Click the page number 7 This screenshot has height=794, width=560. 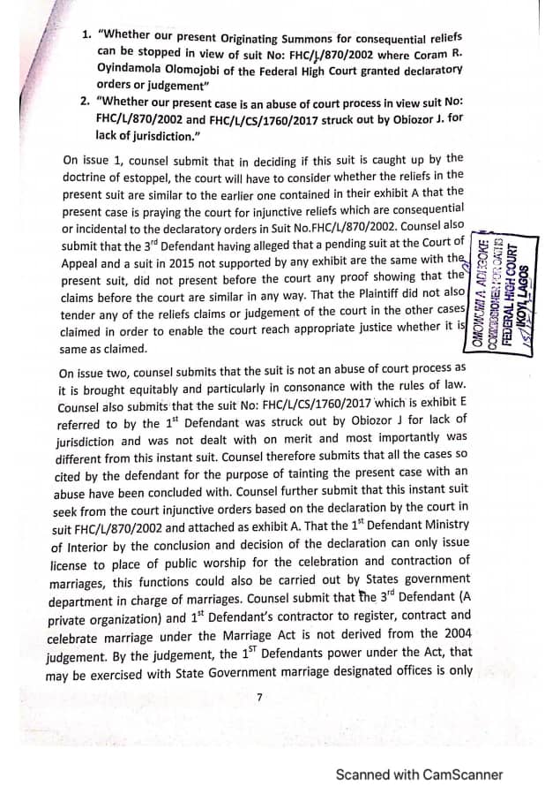point(259,697)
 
